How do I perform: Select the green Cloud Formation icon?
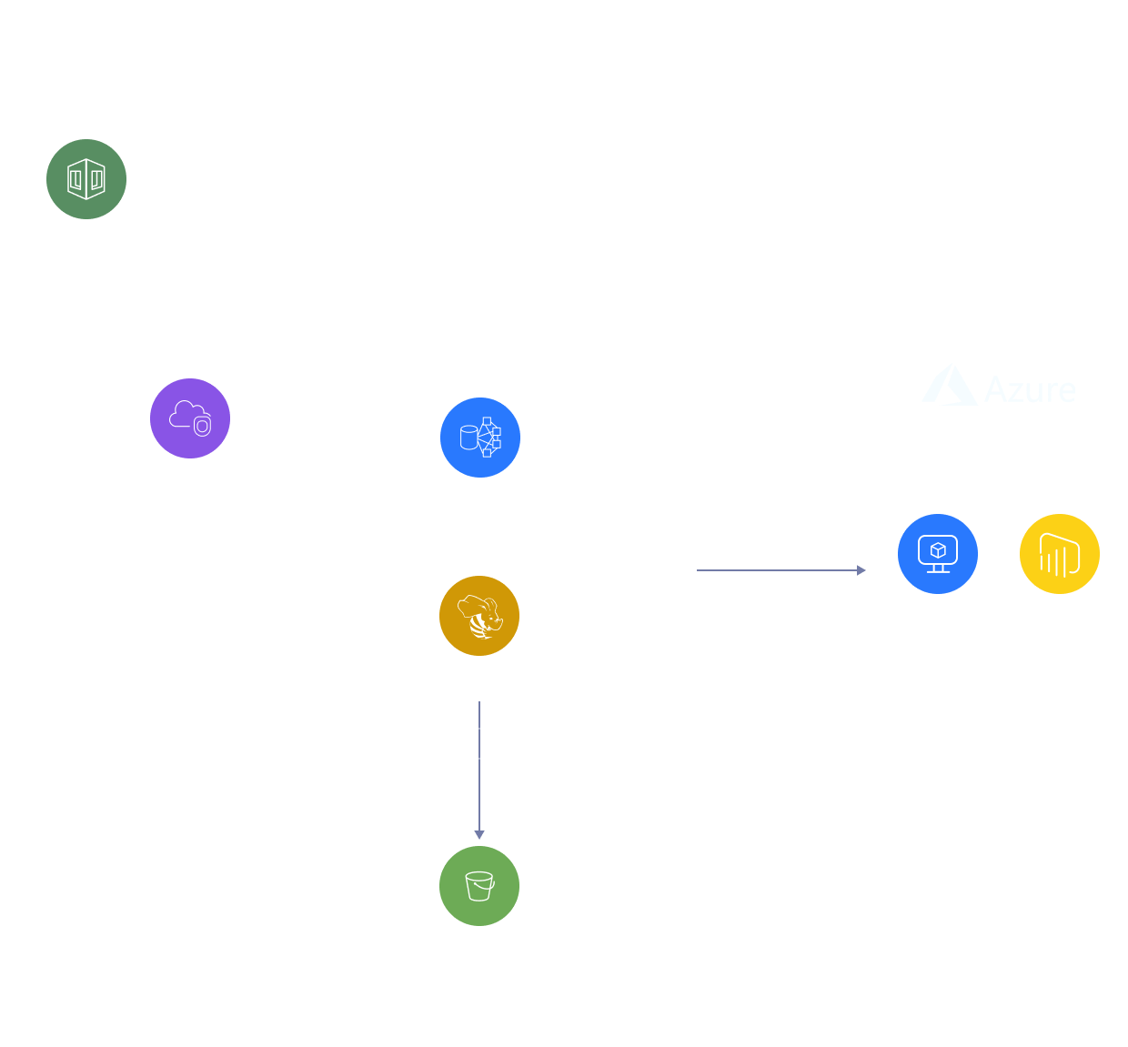coord(86,179)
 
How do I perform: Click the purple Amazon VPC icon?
coord(190,418)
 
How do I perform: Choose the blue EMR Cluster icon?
coord(480,438)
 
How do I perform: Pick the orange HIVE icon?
coord(479,616)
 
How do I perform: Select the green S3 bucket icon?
coord(479,886)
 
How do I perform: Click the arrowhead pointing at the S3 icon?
coord(479,834)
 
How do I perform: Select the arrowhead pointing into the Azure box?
coord(861,570)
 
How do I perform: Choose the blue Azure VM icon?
coord(938,554)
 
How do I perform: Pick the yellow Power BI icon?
coord(1060,554)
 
